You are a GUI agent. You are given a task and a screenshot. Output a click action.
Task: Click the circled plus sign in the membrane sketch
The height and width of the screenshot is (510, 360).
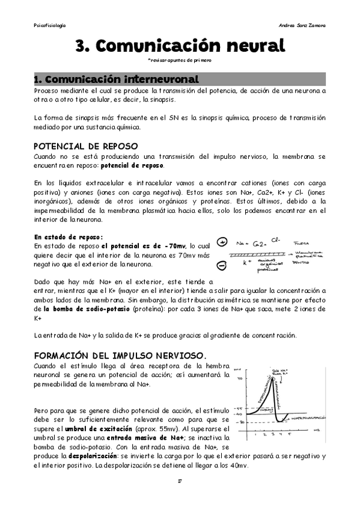point(222,242)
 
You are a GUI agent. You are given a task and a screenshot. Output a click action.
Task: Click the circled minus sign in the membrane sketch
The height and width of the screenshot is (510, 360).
point(222,265)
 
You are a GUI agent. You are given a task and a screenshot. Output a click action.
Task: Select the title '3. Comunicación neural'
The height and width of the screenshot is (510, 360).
point(180,46)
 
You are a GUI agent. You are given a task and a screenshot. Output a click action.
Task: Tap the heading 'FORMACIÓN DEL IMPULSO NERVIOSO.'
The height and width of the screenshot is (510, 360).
point(120,354)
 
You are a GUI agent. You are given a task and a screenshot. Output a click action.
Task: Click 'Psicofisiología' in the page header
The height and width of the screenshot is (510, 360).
point(50,25)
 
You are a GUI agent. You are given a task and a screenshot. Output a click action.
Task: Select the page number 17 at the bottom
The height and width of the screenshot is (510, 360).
point(180,481)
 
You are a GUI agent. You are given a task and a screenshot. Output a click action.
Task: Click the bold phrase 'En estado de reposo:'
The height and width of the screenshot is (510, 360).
point(69,236)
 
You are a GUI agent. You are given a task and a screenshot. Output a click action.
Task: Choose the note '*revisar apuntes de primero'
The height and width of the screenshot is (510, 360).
point(179,60)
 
